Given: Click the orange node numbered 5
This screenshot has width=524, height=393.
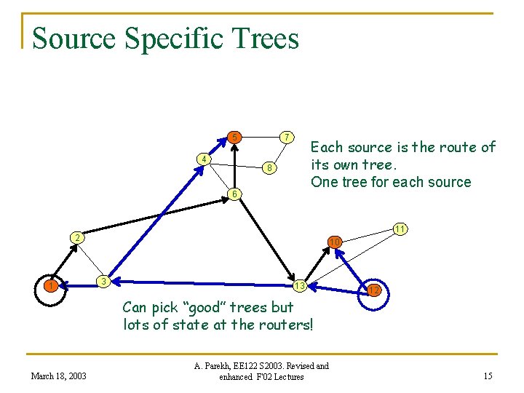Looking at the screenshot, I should pyautogui.click(x=234, y=137).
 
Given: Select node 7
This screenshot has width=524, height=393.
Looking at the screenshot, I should pyautogui.click(x=287, y=137).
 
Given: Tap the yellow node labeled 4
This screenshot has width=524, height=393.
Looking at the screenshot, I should pyautogui.click(x=205, y=159).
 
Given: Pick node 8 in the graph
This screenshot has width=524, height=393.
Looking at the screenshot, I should pyautogui.click(x=269, y=168).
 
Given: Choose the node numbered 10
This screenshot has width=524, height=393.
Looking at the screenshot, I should pyautogui.click(x=334, y=242).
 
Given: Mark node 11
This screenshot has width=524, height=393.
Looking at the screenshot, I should pyautogui.click(x=400, y=229).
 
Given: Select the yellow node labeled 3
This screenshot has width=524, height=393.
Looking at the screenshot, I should pyautogui.click(x=105, y=280).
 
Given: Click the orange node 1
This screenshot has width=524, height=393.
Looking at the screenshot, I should pyautogui.click(x=50, y=285).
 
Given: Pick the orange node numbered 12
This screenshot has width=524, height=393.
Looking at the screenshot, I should pyautogui.click(x=373, y=290).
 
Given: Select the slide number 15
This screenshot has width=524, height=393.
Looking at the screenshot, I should pyautogui.click(x=487, y=376).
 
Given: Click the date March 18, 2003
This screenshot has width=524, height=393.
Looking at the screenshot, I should pyautogui.click(x=59, y=376).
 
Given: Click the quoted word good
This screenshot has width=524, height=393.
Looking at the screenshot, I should pyautogui.click(x=228, y=307).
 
